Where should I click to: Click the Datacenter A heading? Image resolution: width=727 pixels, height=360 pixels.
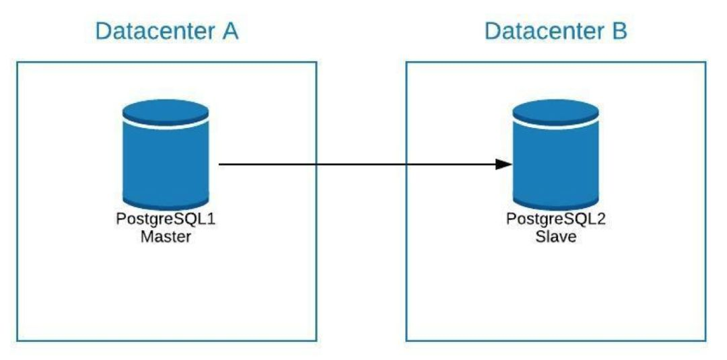[x=166, y=32]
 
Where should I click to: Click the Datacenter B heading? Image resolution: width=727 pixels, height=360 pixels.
[x=555, y=32]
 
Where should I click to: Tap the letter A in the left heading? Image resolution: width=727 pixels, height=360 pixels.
[x=229, y=32]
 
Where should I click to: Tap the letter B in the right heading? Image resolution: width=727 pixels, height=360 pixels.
[x=619, y=32]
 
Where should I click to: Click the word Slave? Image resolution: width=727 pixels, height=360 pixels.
[x=555, y=238]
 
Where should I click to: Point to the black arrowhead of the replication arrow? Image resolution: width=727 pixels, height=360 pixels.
[x=504, y=164]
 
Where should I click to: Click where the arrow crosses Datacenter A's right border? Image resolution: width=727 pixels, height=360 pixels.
[x=316, y=164]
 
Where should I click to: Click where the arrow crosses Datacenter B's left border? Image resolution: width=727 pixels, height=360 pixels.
[x=407, y=164]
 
